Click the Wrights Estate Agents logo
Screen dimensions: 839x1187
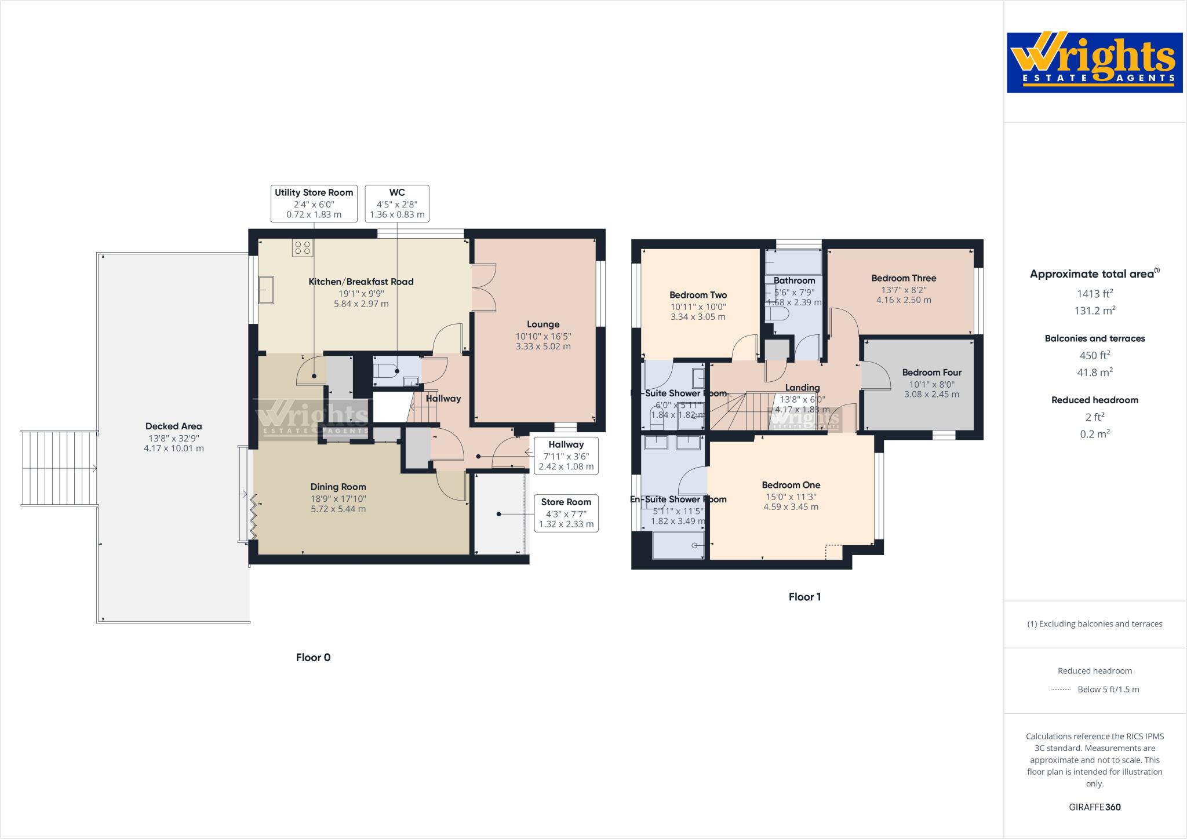point(1094,62)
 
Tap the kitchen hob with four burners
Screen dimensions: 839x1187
point(303,248)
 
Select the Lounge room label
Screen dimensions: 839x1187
point(542,324)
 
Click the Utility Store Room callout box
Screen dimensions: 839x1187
point(314,203)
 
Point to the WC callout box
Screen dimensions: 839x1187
point(397,203)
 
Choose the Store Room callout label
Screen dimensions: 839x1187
point(566,513)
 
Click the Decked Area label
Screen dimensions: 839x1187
point(173,426)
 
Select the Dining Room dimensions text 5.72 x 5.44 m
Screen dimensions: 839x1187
point(338,509)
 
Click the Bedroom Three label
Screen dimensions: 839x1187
point(904,278)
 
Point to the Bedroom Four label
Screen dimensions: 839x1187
point(931,373)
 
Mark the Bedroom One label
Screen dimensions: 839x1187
point(791,485)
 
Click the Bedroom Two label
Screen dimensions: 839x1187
point(698,295)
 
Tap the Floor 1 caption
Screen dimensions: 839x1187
point(804,597)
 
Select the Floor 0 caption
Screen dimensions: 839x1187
point(313,658)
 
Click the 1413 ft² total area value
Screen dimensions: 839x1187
point(1094,294)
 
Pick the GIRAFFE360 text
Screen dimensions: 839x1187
point(1094,807)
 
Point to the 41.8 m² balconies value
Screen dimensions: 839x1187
point(1094,373)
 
